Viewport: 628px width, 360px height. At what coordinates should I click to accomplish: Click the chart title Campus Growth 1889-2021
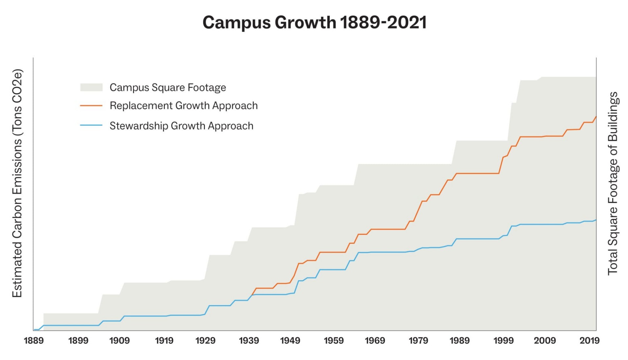[314, 23]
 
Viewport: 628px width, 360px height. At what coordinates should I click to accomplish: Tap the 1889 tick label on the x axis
[34, 341]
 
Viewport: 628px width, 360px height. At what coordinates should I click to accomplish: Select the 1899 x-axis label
[78, 341]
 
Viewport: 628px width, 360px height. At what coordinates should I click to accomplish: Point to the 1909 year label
[119, 341]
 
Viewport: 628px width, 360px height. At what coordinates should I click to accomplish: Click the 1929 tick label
[205, 341]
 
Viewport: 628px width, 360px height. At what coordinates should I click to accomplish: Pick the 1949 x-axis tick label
[290, 341]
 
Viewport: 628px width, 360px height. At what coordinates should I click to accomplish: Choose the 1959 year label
[334, 341]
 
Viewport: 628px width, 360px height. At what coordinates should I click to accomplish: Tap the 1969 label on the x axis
[375, 341]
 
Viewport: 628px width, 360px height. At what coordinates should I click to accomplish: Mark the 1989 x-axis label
[460, 341]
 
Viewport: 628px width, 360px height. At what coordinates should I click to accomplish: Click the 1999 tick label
[503, 341]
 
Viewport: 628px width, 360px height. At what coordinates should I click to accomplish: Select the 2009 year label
[545, 341]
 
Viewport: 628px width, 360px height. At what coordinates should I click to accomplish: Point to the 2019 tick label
[589, 341]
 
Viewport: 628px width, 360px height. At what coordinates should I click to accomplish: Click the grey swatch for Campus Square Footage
[91, 87]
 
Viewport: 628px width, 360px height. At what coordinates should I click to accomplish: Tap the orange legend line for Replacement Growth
[91, 106]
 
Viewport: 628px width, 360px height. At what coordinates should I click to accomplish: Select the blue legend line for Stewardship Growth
[91, 126]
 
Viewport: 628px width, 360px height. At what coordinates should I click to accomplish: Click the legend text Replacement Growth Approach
[183, 106]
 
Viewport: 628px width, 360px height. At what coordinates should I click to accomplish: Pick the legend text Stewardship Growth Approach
[181, 126]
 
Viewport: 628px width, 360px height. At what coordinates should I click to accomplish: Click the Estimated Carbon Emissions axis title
[17, 183]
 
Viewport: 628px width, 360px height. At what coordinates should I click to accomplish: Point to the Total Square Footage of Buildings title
[613, 183]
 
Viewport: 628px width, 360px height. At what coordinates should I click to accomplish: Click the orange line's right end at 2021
[596, 117]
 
